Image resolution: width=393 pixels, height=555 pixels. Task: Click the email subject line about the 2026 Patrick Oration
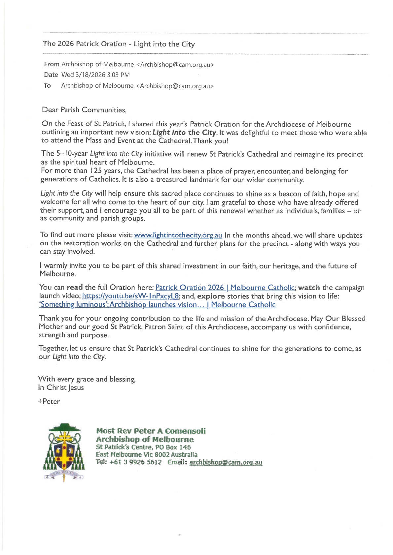click(119, 44)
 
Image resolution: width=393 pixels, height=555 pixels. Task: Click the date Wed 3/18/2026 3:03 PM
click(95, 75)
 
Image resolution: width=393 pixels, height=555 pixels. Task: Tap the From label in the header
click(52, 64)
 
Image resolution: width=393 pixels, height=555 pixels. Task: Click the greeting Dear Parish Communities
click(84, 110)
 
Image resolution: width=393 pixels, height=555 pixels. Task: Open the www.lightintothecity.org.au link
click(178, 235)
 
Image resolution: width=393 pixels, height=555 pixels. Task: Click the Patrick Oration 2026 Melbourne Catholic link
click(225, 288)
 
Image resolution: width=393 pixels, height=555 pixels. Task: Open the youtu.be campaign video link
click(130, 296)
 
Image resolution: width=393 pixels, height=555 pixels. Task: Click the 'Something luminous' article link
click(157, 305)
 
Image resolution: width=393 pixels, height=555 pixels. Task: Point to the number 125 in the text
click(96, 171)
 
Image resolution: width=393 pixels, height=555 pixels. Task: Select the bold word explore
click(211, 296)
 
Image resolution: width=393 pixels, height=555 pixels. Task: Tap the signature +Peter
click(49, 401)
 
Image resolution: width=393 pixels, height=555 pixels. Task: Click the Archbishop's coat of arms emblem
click(64, 452)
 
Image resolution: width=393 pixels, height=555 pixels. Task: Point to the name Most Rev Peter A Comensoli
click(151, 431)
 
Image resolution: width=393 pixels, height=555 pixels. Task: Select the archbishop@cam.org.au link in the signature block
click(226, 462)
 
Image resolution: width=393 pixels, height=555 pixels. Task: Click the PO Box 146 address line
click(143, 447)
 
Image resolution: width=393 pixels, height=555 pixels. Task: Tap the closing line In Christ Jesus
click(61, 387)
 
